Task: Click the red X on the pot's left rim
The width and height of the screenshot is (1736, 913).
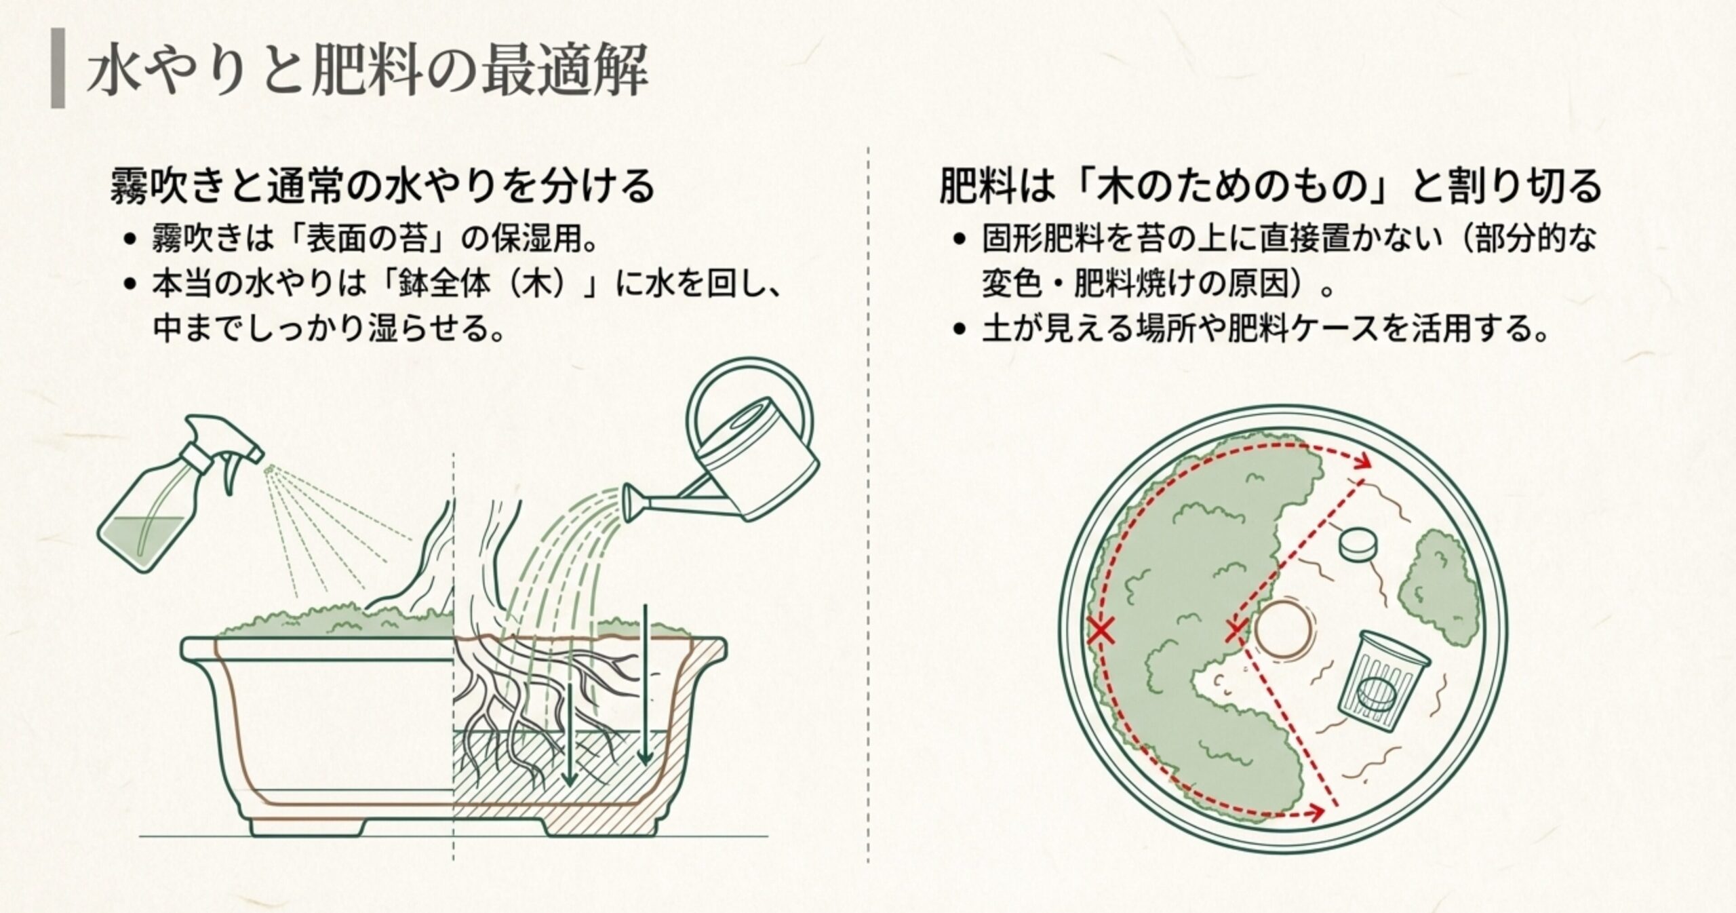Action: pos(1101,630)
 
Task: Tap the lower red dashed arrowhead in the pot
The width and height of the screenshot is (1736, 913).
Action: pos(1316,811)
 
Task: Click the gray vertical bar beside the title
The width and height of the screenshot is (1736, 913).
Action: pos(58,69)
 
